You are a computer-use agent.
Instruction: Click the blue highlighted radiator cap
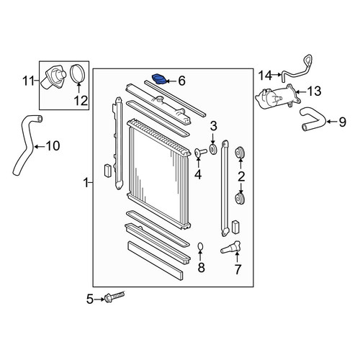pyautogui.click(x=159, y=79)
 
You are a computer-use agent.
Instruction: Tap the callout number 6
pyautogui.click(x=181, y=81)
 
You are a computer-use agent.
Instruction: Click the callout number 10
pyautogui.click(x=53, y=146)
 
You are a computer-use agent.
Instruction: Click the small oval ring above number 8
pyautogui.click(x=201, y=246)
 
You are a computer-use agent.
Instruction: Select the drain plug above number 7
pyautogui.click(x=230, y=247)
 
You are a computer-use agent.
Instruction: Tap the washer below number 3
pyautogui.click(x=213, y=149)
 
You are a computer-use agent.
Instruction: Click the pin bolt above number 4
pyautogui.click(x=200, y=152)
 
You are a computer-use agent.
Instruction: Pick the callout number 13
pyautogui.click(x=314, y=91)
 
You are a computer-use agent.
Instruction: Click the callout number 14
pyautogui.click(x=266, y=76)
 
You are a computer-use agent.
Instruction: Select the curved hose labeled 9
pyautogui.click(x=312, y=120)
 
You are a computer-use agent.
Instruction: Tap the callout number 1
pyautogui.click(x=86, y=183)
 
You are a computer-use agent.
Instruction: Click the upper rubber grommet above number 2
pyautogui.click(x=240, y=153)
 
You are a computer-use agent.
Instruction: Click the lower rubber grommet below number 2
pyautogui.click(x=240, y=199)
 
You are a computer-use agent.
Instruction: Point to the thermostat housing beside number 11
pyautogui.click(x=53, y=77)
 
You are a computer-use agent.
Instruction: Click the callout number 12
pyautogui.click(x=81, y=100)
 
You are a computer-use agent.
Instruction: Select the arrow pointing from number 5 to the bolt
pyautogui.click(x=99, y=300)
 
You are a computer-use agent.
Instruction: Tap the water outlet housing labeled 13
pyautogui.click(x=278, y=98)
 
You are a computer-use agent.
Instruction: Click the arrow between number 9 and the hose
pyautogui.click(x=332, y=122)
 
